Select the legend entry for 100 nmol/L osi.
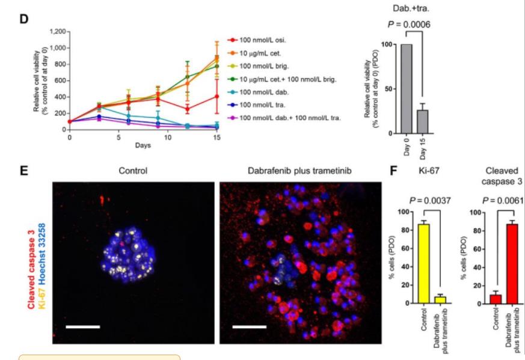tap(265, 40)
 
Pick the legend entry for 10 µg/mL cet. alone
tap(265, 53)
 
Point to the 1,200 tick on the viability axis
tap(57, 31)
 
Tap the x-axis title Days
tap(143, 146)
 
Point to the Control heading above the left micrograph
tap(133, 170)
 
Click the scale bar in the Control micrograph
tap(82, 328)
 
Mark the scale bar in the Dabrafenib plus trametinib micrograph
tap(249, 328)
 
